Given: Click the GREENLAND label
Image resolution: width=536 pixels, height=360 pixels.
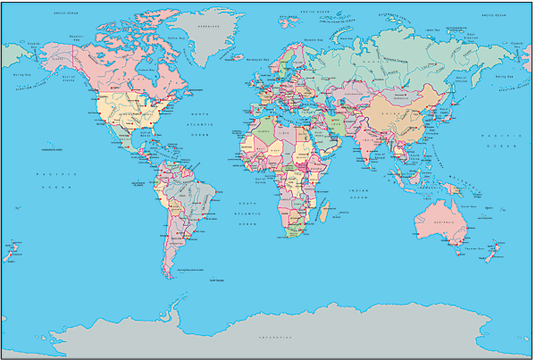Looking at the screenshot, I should coord(207,26).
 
